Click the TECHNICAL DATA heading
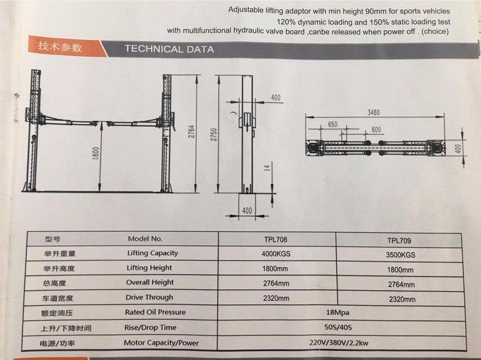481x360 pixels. tap(169, 49)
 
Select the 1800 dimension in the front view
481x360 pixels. tap(96, 153)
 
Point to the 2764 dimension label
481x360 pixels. tap(191, 131)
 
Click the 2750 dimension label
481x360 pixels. tap(213, 134)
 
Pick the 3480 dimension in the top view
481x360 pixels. tap(374, 112)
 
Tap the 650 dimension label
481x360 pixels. tap(333, 124)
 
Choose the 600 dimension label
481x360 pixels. tap(376, 129)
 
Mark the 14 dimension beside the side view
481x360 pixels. tap(267, 168)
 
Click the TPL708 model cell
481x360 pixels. tap(276, 240)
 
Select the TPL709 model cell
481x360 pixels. tap(399, 241)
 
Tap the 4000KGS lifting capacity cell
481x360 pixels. tap(276, 254)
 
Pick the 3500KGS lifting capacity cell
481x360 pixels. tap(401, 255)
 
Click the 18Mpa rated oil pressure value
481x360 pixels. tap(338, 312)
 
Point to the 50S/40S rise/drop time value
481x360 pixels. tap(338, 327)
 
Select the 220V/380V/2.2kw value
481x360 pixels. tap(339, 342)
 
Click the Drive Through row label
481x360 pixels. tap(149, 297)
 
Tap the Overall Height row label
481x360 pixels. tap(150, 282)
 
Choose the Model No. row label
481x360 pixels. tap(145, 239)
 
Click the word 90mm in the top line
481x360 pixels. tap(376, 11)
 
